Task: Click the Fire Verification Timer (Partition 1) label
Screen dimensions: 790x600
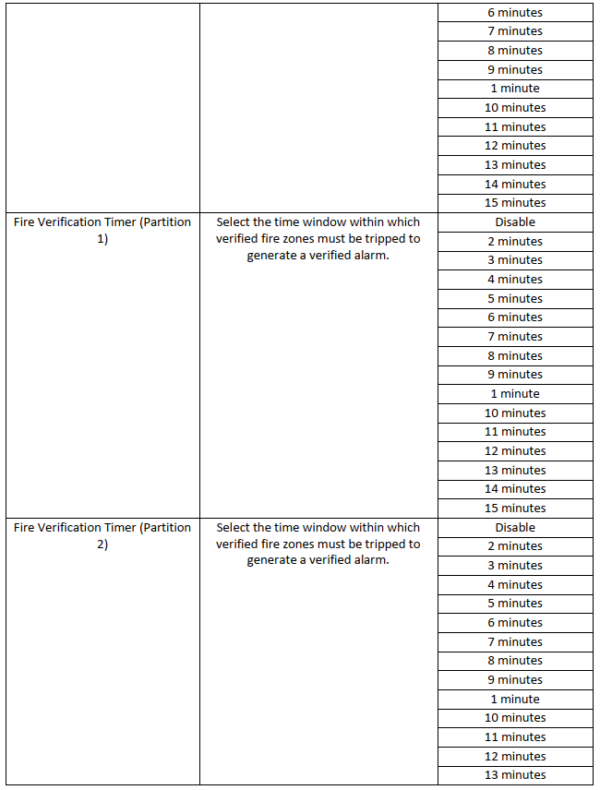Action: (x=102, y=231)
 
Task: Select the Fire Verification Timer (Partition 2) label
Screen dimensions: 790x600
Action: (x=102, y=536)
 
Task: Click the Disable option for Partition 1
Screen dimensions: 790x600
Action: (x=515, y=222)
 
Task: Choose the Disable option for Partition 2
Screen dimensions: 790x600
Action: (x=515, y=528)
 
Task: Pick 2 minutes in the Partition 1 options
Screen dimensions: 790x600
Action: (x=515, y=242)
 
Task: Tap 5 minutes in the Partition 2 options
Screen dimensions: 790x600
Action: (x=515, y=604)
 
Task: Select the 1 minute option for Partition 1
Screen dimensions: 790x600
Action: (x=515, y=394)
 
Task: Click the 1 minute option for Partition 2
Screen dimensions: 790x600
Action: (x=515, y=700)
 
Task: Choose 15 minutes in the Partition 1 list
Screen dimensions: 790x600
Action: (x=515, y=509)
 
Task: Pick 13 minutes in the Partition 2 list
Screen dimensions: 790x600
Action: (x=515, y=775)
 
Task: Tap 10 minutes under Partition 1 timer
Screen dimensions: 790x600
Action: (x=515, y=413)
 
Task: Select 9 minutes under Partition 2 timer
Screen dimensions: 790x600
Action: (x=515, y=680)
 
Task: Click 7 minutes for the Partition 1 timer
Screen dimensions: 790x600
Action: (x=515, y=337)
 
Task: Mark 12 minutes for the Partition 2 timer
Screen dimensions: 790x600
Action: (x=515, y=757)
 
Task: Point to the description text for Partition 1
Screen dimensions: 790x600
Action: (x=318, y=239)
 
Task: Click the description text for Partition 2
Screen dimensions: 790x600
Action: (x=318, y=545)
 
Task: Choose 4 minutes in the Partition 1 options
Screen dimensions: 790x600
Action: (x=515, y=280)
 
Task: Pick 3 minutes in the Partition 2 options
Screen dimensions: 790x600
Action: (x=515, y=566)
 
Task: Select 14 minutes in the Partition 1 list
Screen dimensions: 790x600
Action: (x=515, y=489)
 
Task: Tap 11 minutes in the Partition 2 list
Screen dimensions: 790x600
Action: (x=515, y=737)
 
